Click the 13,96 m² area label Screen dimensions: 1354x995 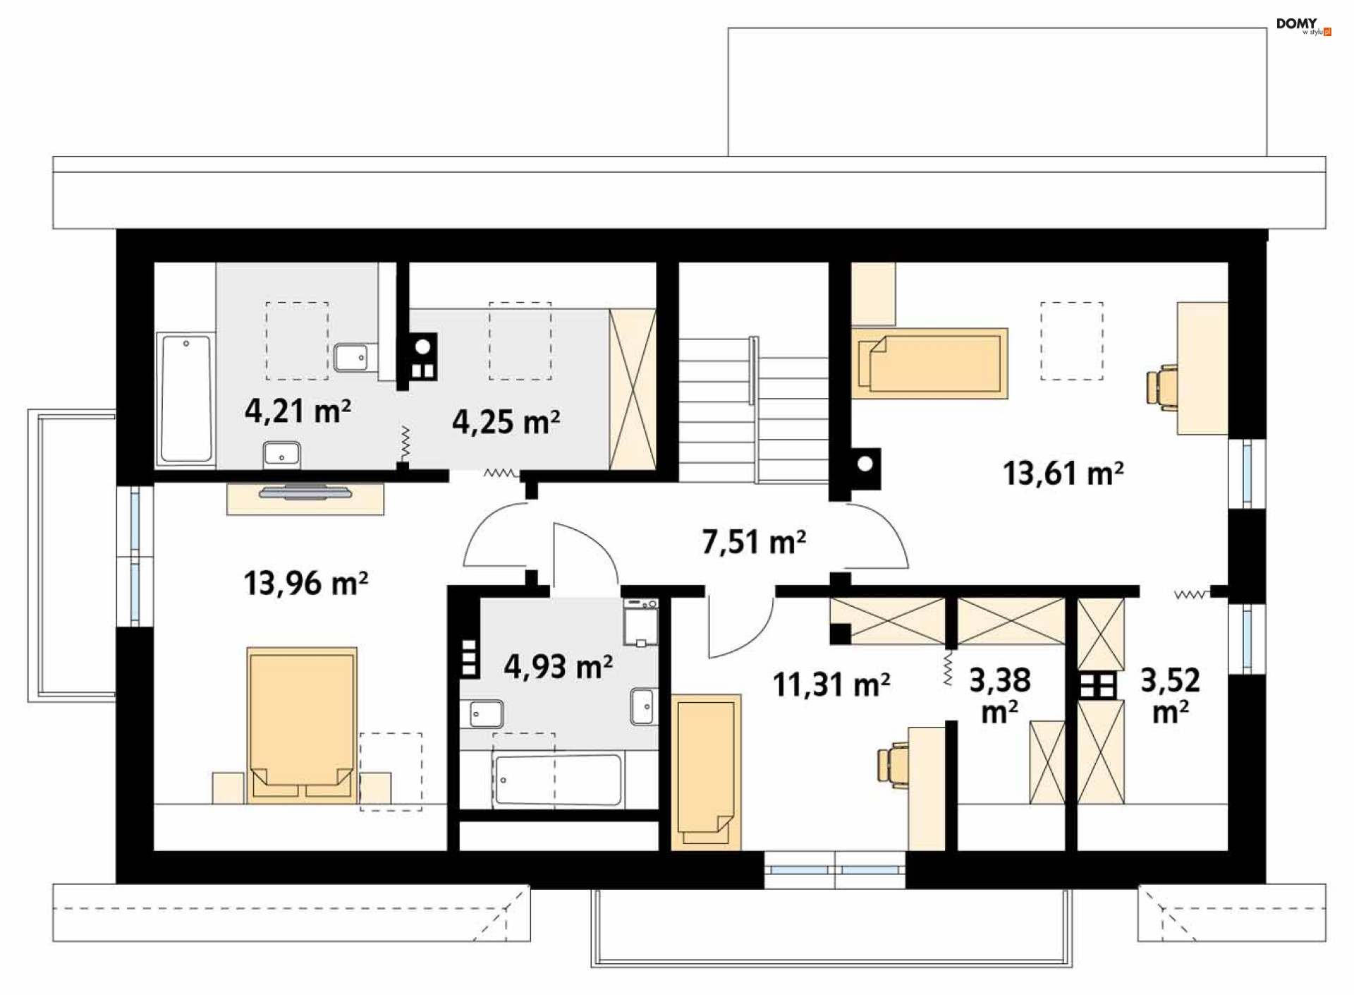(305, 584)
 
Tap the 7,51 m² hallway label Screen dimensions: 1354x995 (754, 542)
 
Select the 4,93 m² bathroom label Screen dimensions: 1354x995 (558, 666)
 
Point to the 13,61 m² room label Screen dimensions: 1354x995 (1063, 473)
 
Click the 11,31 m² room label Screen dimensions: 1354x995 (831, 685)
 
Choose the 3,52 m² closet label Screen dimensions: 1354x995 (1171, 696)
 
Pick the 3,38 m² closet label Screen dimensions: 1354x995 (1000, 696)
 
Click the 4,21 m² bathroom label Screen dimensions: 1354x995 (298, 411)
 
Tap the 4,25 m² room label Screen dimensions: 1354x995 (506, 422)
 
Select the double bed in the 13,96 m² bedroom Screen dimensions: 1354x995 (302, 725)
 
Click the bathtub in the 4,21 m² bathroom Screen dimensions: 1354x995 (185, 399)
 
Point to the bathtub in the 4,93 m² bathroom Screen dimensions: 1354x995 (559, 780)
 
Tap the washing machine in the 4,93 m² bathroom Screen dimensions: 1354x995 (641, 622)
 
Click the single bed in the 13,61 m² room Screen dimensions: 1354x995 (929, 363)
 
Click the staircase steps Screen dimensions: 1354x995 (754, 410)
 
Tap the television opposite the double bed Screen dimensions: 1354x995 (305, 492)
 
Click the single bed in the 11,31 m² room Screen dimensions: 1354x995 (706, 772)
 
